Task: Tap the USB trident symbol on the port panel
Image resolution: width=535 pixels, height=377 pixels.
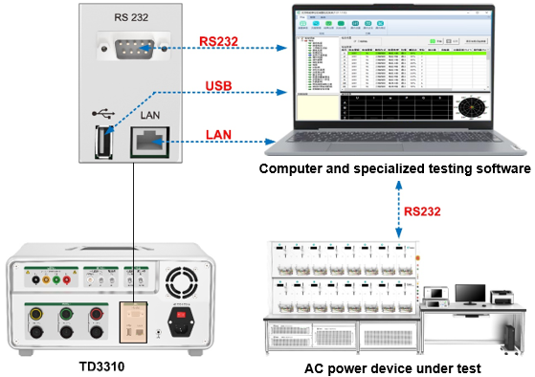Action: pos(101,113)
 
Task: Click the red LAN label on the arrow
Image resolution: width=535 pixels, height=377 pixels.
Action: pos(218,136)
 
